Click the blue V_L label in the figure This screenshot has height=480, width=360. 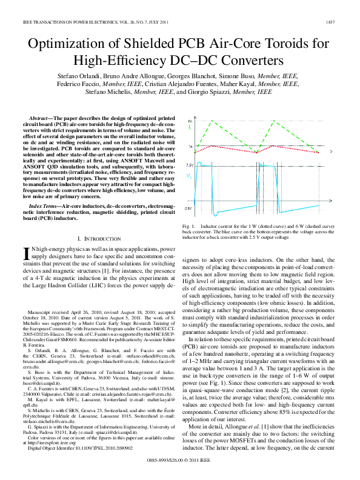pyautogui.click(x=190, y=176)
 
